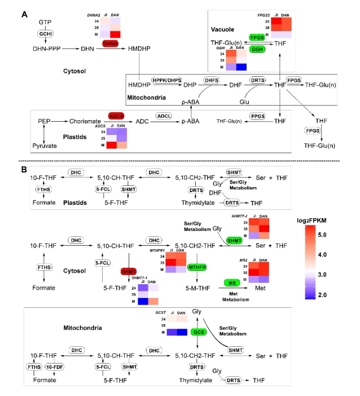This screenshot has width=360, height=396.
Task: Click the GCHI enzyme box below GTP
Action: (45, 33)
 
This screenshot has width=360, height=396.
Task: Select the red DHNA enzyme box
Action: (109, 44)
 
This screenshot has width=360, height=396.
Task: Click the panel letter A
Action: (23, 15)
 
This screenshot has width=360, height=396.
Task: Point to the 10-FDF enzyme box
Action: (54, 366)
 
